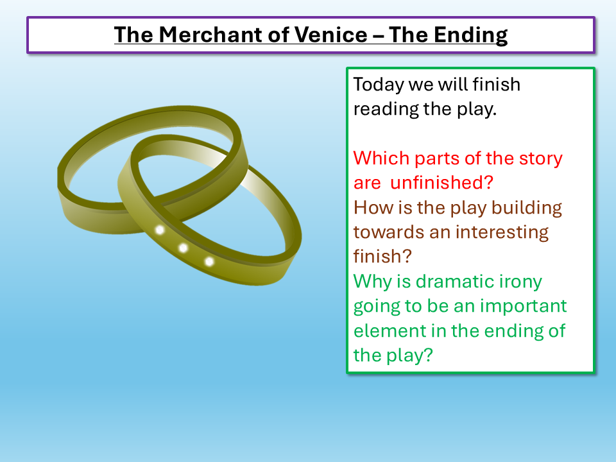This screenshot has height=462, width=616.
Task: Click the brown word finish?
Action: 382,256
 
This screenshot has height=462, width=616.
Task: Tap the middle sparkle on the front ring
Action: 184,248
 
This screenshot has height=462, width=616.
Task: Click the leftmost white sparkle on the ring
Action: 160,229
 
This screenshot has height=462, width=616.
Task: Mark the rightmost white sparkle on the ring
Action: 209,261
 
